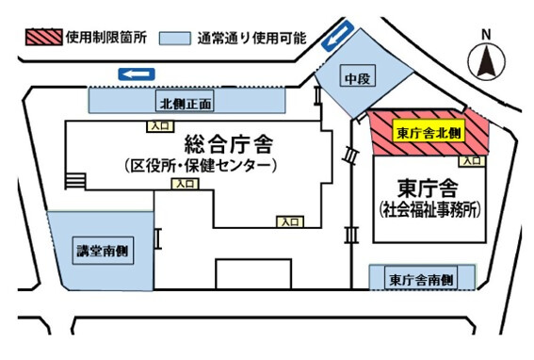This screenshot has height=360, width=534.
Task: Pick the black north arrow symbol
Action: pos(487,63)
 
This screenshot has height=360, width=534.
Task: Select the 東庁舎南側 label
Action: pos(421,280)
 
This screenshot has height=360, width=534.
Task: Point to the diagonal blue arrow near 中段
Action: pos(333,40)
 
